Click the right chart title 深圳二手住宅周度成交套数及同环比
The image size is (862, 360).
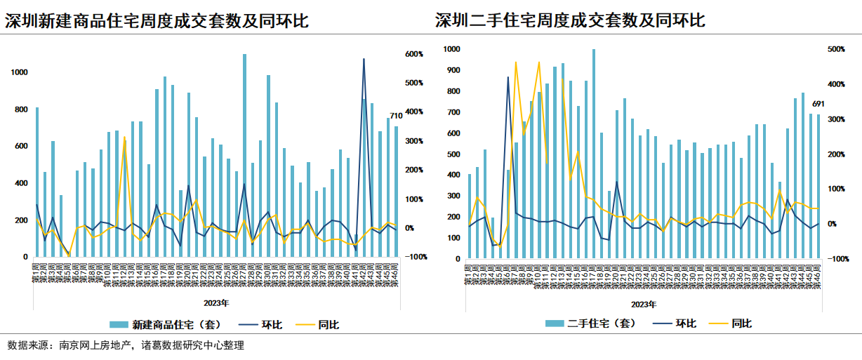coord(569,21)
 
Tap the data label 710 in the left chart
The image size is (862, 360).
coord(396,116)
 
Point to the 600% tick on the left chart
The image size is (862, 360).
coord(413,54)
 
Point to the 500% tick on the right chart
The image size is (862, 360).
coord(837,49)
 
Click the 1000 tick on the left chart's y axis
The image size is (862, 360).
coord(20,72)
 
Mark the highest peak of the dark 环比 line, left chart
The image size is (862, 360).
coord(364,59)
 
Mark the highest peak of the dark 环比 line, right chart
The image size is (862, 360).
coord(508,77)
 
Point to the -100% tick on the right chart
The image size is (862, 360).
coord(837,259)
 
